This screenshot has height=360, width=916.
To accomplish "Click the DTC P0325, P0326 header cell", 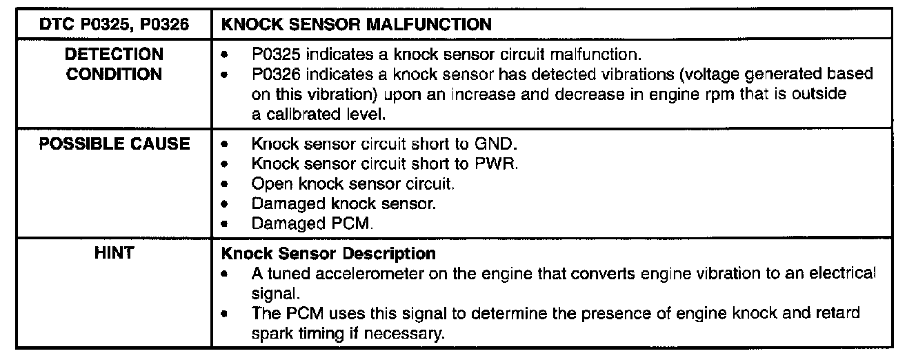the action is point(114,26).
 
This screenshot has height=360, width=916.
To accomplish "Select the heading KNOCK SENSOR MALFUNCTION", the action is point(356,26).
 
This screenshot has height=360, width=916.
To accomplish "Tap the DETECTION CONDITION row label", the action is point(114,63).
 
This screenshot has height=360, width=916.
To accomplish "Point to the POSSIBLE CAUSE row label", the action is point(114,144).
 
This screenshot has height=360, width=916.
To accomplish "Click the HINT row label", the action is point(114,254).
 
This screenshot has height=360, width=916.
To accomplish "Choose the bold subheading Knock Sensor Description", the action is point(328,254).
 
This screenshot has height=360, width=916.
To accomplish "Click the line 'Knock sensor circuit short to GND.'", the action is point(384,145).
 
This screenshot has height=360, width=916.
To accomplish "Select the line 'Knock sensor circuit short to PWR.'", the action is point(385,165).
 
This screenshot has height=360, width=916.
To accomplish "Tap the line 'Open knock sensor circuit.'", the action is point(353,184).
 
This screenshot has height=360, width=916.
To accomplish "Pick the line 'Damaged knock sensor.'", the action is point(343,204).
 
